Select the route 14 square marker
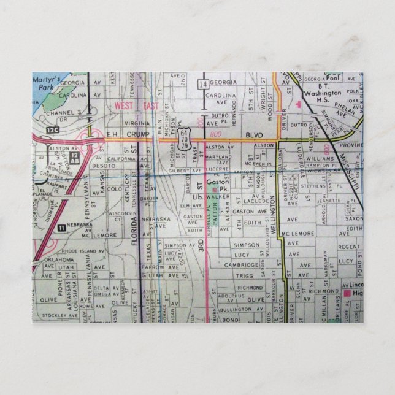coord(203,83)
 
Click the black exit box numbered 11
coord(61,228)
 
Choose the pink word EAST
coord(151,105)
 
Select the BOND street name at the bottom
coord(231,320)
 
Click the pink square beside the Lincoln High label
coord(348,294)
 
